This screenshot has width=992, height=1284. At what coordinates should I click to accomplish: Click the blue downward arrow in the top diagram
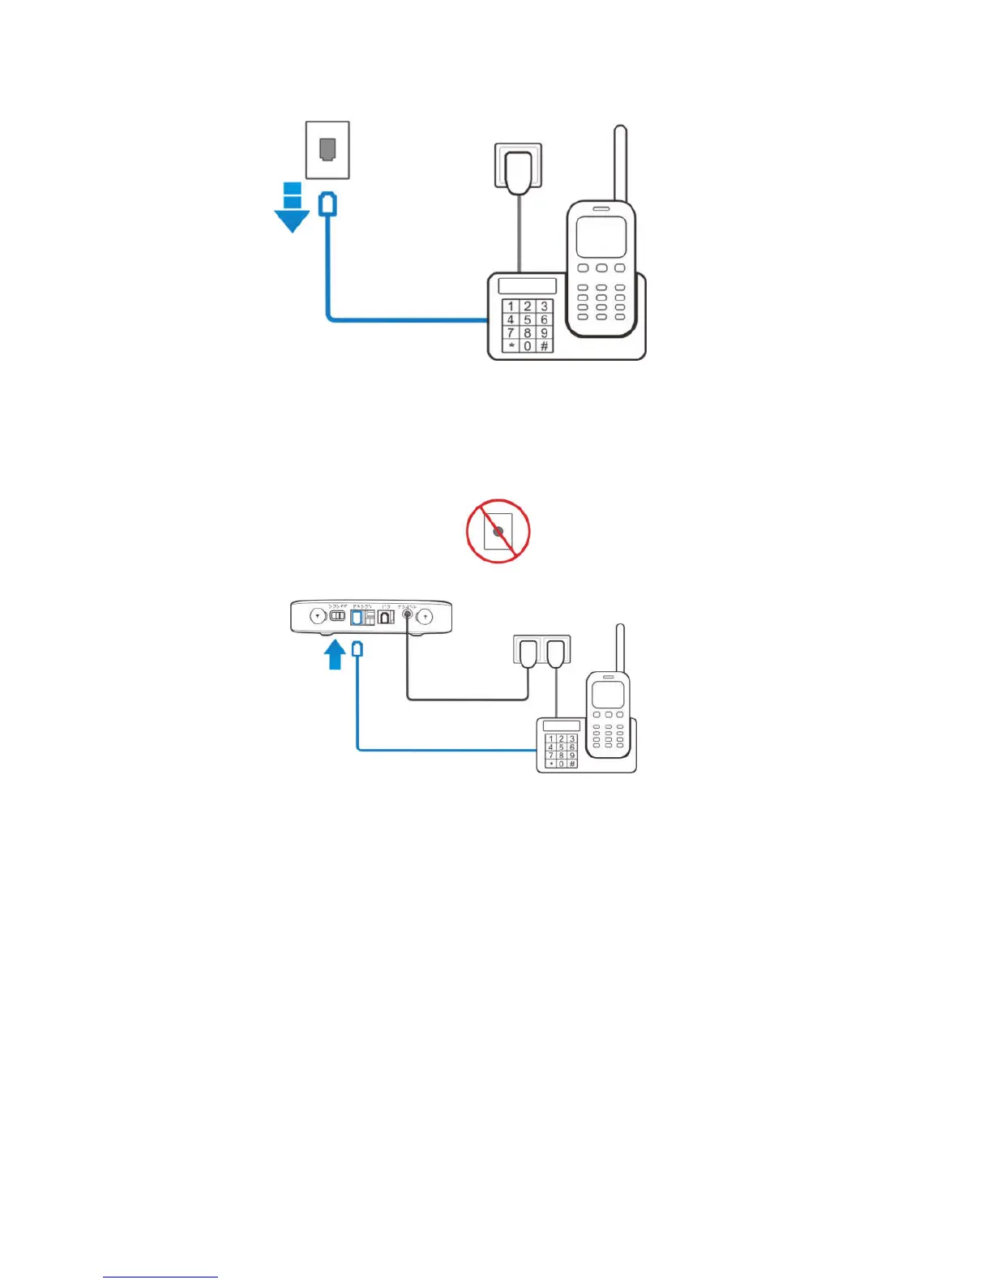292,212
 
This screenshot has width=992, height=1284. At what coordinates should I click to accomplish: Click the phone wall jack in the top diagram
327,150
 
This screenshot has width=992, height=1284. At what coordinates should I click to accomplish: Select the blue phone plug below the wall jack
327,203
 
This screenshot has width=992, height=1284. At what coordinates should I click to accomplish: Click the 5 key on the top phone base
527,319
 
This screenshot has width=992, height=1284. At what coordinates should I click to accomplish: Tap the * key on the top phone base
511,346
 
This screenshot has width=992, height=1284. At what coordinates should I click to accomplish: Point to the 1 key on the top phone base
511,306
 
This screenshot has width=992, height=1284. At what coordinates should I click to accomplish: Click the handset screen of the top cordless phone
601,237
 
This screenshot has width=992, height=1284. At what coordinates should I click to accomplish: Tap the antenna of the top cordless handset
620,162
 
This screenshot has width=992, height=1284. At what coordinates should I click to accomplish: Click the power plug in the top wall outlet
517,171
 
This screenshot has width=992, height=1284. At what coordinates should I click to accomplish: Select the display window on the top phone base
527,285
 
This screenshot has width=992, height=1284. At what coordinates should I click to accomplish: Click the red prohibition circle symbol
498,532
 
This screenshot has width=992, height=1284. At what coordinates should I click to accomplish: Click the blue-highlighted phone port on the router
357,618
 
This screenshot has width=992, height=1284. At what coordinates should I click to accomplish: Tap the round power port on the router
407,617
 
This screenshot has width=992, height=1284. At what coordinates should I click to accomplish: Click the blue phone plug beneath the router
357,649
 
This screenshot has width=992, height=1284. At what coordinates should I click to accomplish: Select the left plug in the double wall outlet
528,652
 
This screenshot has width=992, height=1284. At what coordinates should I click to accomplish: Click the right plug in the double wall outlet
555,652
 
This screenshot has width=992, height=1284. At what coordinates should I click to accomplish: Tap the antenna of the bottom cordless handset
620,647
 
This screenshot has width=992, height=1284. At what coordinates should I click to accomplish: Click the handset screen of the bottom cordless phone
607,695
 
